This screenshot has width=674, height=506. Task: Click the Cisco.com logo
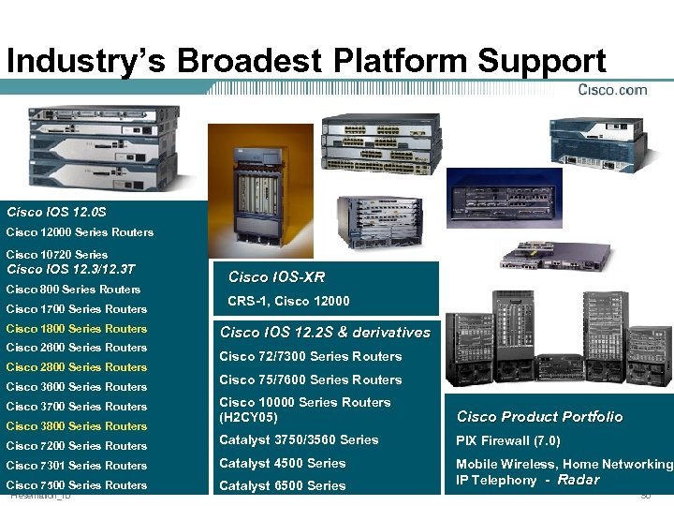click(x=612, y=90)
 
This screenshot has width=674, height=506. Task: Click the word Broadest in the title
click(x=247, y=62)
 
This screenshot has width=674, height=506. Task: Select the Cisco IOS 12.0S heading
click(x=56, y=212)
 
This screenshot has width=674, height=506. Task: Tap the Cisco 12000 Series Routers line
click(x=80, y=232)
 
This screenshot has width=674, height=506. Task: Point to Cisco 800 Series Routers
click(x=73, y=290)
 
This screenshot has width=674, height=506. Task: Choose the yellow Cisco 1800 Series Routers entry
click(x=76, y=329)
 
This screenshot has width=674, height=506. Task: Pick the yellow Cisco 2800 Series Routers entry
click(x=76, y=367)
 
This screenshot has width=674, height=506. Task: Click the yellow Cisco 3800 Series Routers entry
click(x=76, y=426)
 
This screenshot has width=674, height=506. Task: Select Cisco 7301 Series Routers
click(x=76, y=466)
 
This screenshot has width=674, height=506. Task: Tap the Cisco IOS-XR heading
click(x=276, y=277)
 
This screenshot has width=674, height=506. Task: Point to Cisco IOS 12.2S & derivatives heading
click(x=325, y=333)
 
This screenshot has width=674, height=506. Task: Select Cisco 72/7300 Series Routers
click(x=310, y=357)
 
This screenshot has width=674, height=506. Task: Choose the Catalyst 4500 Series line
click(x=282, y=464)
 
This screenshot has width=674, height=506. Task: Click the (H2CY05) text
click(x=248, y=416)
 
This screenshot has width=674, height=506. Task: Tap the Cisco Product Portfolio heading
click(x=539, y=417)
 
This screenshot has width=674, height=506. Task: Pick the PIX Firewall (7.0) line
click(x=507, y=440)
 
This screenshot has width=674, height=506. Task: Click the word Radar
click(x=578, y=480)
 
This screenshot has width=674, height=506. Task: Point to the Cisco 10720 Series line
click(x=56, y=255)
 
